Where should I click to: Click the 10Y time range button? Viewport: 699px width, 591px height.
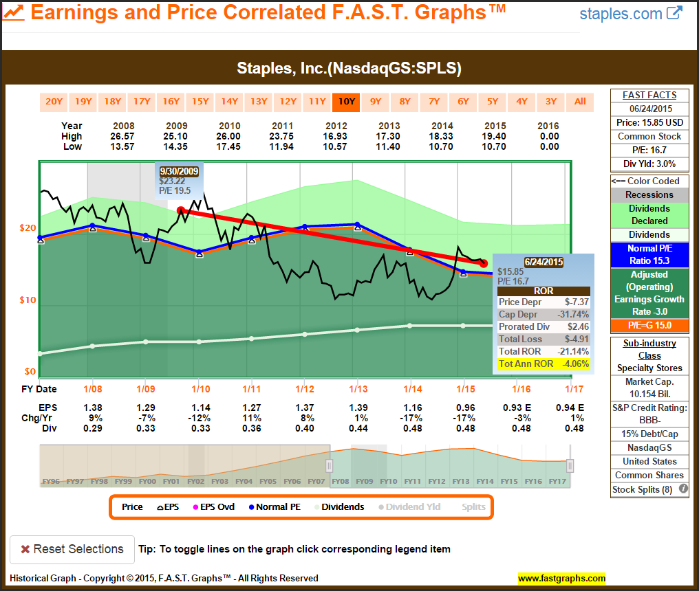coord(346,102)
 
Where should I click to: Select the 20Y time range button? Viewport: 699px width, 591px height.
coord(54,102)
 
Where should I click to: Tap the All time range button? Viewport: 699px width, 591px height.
coord(580,102)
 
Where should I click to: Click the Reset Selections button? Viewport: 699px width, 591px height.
coord(72,549)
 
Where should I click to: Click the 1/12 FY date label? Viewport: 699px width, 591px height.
coord(304,389)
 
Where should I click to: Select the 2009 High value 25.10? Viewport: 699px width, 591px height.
coord(176,136)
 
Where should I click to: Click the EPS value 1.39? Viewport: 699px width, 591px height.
coord(357,407)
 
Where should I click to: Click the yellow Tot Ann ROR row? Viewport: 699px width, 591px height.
coord(544,364)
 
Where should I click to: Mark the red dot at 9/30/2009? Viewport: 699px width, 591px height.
coord(180,211)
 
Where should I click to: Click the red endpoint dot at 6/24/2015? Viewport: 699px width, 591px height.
coord(484,263)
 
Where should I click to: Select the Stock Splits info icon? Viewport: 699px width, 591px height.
coord(683,490)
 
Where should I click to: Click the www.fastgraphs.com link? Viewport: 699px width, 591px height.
coord(561,578)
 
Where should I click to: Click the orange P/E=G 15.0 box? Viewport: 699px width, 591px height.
coord(649,325)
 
